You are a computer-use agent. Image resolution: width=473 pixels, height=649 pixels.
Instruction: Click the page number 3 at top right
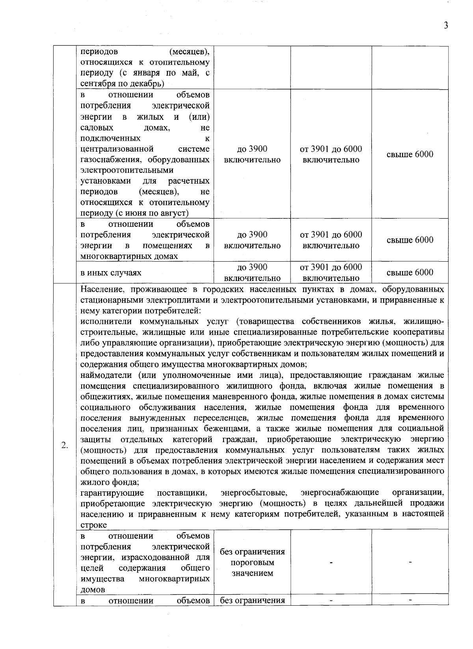click(445, 26)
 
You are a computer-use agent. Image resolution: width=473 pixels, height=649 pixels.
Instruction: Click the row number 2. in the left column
click(65, 445)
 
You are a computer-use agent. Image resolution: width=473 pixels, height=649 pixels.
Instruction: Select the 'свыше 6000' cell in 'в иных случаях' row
click(410, 272)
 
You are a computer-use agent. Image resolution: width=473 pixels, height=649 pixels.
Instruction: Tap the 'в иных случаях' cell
click(111, 273)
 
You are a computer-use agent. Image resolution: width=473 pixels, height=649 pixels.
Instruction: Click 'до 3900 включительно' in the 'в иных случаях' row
click(252, 273)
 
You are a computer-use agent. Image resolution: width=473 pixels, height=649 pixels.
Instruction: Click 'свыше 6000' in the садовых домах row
click(410, 154)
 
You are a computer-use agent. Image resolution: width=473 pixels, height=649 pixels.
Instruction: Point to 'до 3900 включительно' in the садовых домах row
click(252, 154)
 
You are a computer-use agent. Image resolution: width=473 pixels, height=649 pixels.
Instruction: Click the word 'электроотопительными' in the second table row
click(127, 170)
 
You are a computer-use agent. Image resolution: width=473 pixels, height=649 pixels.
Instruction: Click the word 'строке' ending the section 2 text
click(93, 525)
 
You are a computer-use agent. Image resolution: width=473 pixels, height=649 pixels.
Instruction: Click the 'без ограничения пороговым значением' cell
click(252, 562)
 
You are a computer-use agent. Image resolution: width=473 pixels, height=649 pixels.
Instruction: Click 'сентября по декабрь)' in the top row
click(122, 84)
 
